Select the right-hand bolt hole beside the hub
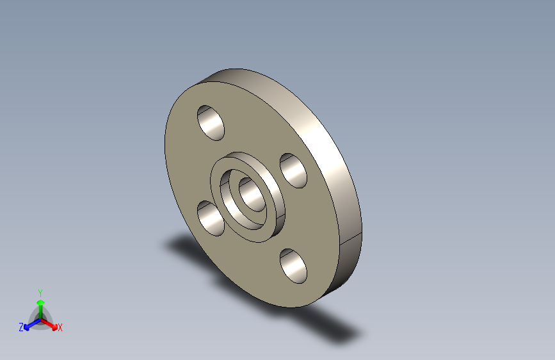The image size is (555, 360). click(293, 170)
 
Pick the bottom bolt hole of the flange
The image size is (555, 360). click(293, 265)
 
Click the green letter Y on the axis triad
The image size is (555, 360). click(40, 291)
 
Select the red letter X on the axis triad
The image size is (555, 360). click(60, 328)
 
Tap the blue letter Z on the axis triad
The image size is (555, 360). click(21, 327)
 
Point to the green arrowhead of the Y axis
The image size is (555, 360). click(40, 302)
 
